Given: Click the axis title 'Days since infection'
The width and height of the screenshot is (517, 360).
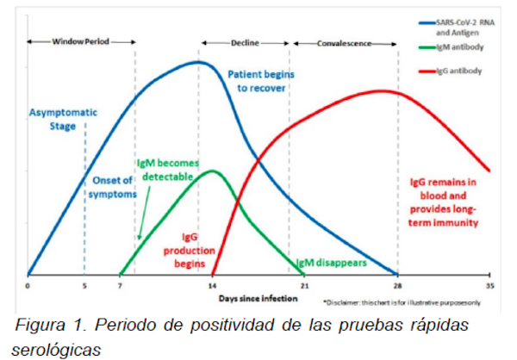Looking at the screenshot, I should click(259, 297).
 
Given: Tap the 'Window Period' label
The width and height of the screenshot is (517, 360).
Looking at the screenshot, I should click(81, 41).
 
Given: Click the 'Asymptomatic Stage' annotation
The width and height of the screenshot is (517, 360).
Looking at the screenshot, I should click(64, 120).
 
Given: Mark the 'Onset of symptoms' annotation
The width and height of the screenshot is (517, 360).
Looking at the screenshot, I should click(113, 187).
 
